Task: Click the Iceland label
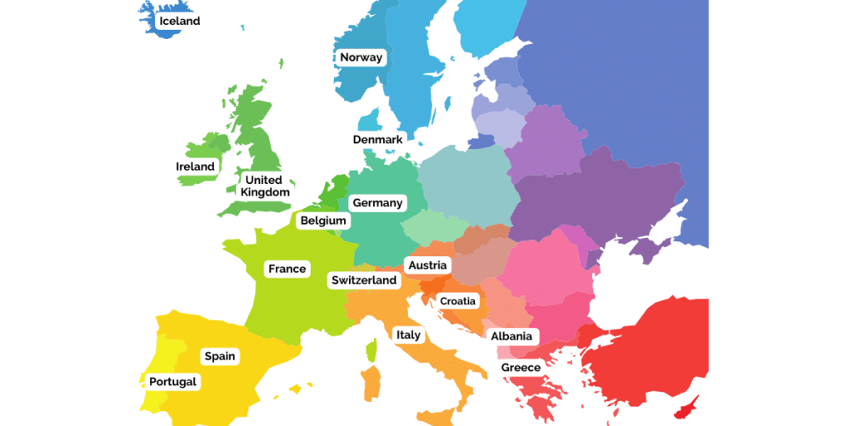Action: point(179,21)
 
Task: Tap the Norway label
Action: point(361,57)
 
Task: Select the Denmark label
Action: point(377,139)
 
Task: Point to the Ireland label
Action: point(195,166)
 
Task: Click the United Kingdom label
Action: point(265,186)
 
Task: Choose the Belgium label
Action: point(323,221)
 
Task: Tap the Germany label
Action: point(377,203)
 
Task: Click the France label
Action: point(287,269)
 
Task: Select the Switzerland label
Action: point(363,280)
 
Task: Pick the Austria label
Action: point(427,265)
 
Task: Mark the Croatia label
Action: point(457,300)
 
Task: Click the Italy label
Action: point(408,334)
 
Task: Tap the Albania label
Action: point(511,336)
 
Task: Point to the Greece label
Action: point(521,367)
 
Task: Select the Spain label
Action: point(220,356)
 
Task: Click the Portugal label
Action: point(173,382)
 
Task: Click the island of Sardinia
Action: point(372,383)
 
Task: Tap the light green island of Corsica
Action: point(372,349)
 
